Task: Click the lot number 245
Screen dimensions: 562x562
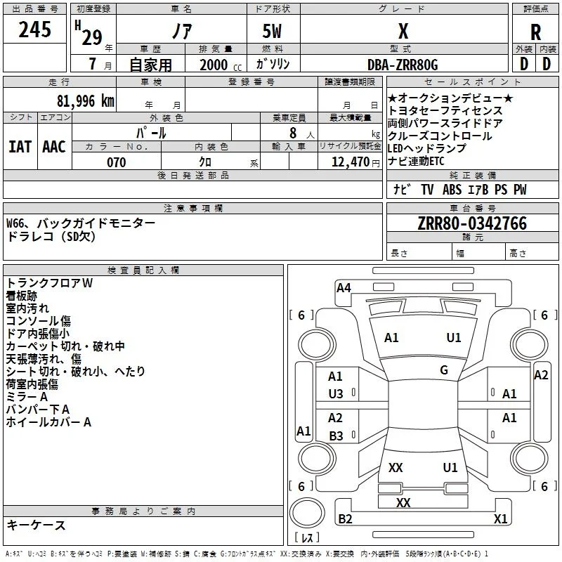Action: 34,30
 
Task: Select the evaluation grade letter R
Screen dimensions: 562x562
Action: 535,32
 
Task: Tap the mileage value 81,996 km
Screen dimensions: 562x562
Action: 86,101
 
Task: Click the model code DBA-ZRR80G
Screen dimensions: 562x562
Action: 403,65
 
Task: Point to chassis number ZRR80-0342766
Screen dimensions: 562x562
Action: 472,223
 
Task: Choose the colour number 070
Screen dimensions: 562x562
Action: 117,162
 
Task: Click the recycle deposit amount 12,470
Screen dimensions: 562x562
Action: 350,162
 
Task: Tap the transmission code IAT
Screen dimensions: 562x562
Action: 20,147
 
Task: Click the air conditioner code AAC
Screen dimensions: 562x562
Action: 54,147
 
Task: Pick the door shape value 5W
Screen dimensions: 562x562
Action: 272,31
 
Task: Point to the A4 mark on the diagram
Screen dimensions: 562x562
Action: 344,288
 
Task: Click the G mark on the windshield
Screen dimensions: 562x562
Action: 444,370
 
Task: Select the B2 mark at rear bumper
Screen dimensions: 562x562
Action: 345,518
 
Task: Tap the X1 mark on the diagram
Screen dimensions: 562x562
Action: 500,518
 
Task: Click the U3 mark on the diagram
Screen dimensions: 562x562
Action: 336,394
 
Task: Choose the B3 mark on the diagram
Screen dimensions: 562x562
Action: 336,436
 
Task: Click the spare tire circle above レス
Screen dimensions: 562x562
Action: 307,513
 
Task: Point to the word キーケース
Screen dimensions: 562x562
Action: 37,525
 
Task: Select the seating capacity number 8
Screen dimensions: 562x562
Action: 293,133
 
